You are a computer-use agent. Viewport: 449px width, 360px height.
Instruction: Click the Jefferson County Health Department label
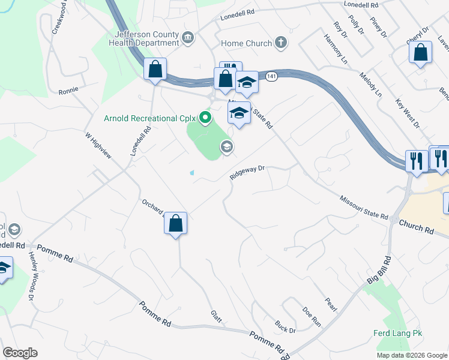click(x=144, y=38)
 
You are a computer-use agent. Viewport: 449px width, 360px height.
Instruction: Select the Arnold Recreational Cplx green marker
click(x=205, y=118)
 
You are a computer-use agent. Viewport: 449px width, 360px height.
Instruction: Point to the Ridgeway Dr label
click(x=247, y=173)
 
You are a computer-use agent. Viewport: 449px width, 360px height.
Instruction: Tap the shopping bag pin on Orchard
click(x=175, y=224)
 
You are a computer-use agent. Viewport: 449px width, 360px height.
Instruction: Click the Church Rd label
click(x=417, y=226)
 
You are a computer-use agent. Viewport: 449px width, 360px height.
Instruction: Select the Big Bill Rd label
click(x=379, y=270)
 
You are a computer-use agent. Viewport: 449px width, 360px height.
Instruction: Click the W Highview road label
click(x=99, y=147)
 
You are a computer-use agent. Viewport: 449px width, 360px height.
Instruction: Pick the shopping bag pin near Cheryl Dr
click(x=420, y=52)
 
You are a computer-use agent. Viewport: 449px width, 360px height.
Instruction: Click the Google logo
click(x=20, y=353)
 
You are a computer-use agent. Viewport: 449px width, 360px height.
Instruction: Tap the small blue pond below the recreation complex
click(x=191, y=173)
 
